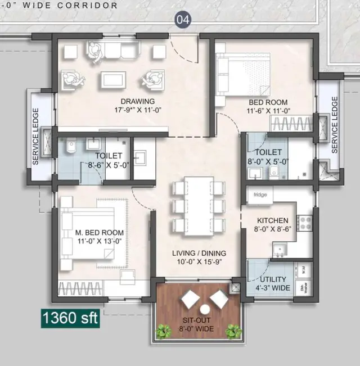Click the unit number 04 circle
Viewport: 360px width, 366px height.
point(183,20)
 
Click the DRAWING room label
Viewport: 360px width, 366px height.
point(112,102)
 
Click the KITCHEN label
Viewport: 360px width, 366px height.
point(272,220)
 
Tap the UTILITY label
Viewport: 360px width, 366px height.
point(273,279)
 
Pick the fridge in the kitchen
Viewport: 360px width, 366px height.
point(260,195)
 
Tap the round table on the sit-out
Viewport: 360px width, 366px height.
point(205,310)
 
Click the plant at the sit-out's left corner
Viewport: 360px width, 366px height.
point(164,332)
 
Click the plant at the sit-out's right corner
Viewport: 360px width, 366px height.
point(234,332)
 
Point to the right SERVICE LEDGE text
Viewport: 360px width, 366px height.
point(335,125)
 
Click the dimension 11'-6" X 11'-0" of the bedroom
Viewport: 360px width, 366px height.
point(268,111)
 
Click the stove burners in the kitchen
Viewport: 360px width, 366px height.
point(305,223)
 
